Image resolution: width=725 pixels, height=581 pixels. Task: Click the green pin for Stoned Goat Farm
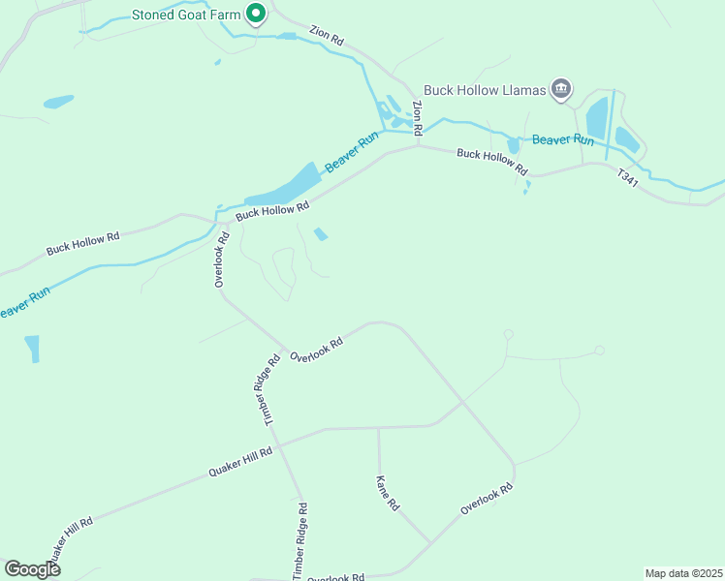256,14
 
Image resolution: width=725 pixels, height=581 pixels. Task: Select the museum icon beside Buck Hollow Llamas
561,90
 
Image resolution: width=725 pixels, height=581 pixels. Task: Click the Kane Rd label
388,492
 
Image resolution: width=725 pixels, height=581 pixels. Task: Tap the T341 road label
628,179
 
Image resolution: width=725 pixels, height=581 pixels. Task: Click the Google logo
32,569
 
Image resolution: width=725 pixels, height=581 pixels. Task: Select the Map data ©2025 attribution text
683,572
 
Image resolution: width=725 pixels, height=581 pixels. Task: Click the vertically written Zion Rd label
418,118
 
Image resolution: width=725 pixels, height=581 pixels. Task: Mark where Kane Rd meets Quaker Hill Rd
378,427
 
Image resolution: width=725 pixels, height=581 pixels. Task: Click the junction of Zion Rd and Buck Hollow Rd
418,147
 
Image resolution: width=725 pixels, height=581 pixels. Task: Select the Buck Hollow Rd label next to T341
492,161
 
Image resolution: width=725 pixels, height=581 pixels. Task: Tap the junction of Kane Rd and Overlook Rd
430,543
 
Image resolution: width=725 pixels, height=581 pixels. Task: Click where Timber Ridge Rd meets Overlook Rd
284,350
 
